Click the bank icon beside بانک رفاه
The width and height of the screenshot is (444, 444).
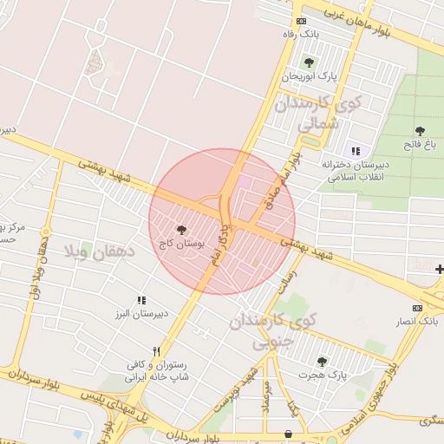pos(301,21)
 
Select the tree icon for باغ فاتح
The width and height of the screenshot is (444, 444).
pos(420,130)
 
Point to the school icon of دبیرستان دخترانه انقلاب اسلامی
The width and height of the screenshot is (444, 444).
pos(356,151)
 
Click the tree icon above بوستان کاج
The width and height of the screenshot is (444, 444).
pos(181,231)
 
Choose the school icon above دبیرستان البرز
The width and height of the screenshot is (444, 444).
pos(141,300)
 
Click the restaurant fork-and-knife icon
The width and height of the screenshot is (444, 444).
pos(156,351)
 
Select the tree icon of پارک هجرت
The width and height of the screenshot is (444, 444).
pos(322,362)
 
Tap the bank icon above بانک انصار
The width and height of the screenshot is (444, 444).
pos(418,308)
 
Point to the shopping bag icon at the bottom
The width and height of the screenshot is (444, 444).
pos(288,433)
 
